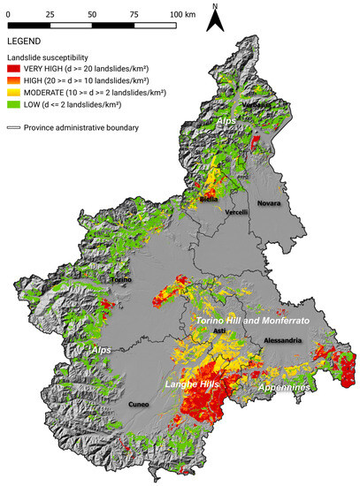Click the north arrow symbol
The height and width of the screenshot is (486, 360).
tap(214, 18)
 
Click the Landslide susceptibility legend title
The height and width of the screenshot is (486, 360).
tap(50, 57)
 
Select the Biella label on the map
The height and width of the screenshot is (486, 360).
tap(209, 200)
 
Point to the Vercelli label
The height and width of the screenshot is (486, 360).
tap(236, 213)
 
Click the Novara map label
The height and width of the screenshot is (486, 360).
tap(269, 203)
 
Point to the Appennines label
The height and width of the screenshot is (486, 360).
tap(287, 387)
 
